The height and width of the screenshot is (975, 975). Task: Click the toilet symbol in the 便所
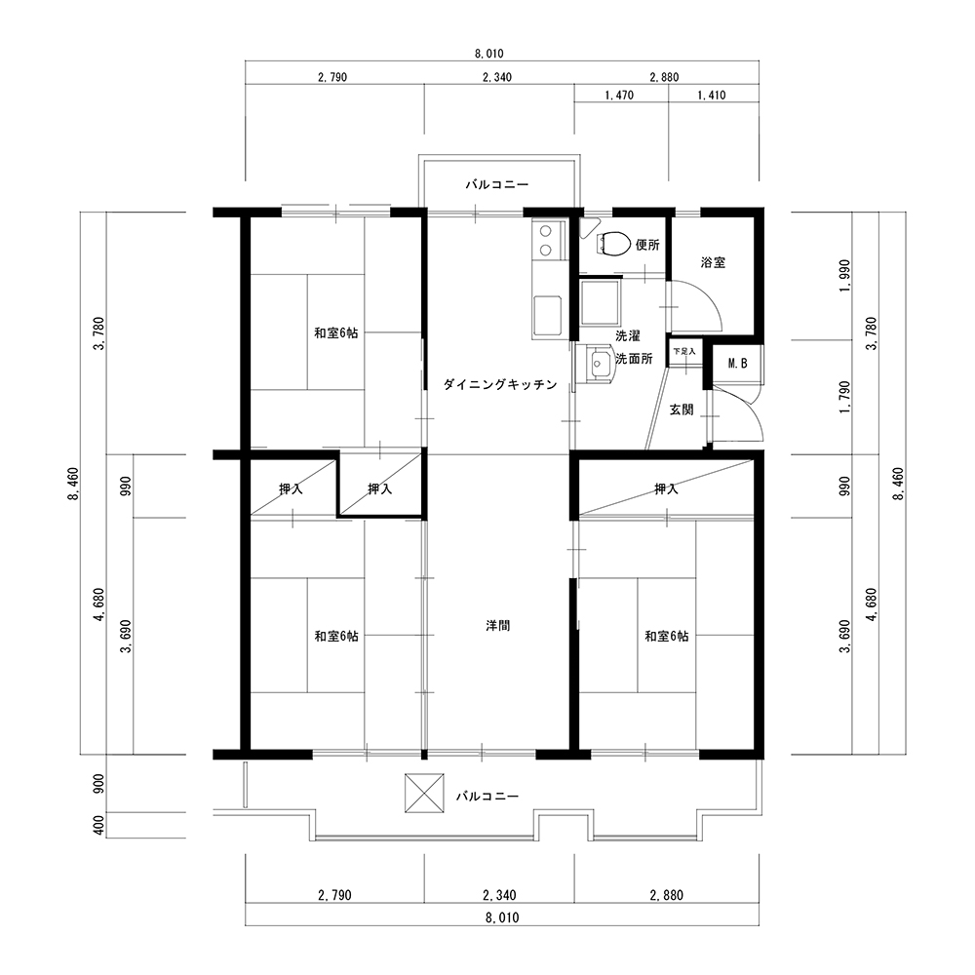point(613,244)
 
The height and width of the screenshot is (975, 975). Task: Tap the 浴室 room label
point(713,262)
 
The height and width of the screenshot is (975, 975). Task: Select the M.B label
point(737,364)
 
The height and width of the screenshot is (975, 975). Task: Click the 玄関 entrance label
point(682,409)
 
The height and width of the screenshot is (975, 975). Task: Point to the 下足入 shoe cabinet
point(684,352)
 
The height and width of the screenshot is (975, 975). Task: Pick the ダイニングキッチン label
point(500,385)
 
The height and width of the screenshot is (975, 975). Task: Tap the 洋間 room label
point(498,626)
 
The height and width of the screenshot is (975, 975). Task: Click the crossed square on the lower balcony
point(424,793)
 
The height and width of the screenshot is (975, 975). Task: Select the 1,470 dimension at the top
point(619,96)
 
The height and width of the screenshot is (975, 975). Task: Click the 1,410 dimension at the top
point(712,96)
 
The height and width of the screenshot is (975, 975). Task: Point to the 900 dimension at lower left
point(98,784)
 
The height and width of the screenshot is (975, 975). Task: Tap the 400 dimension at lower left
point(98,826)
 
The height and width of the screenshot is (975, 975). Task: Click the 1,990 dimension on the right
point(843,276)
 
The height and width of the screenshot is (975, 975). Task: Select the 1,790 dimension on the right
point(843,398)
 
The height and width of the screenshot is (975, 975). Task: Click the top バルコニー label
point(497,184)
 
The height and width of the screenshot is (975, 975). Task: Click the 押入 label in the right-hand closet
point(666,489)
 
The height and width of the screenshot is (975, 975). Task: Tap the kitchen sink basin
point(547,315)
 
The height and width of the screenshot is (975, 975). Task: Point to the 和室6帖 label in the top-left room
point(335,333)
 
